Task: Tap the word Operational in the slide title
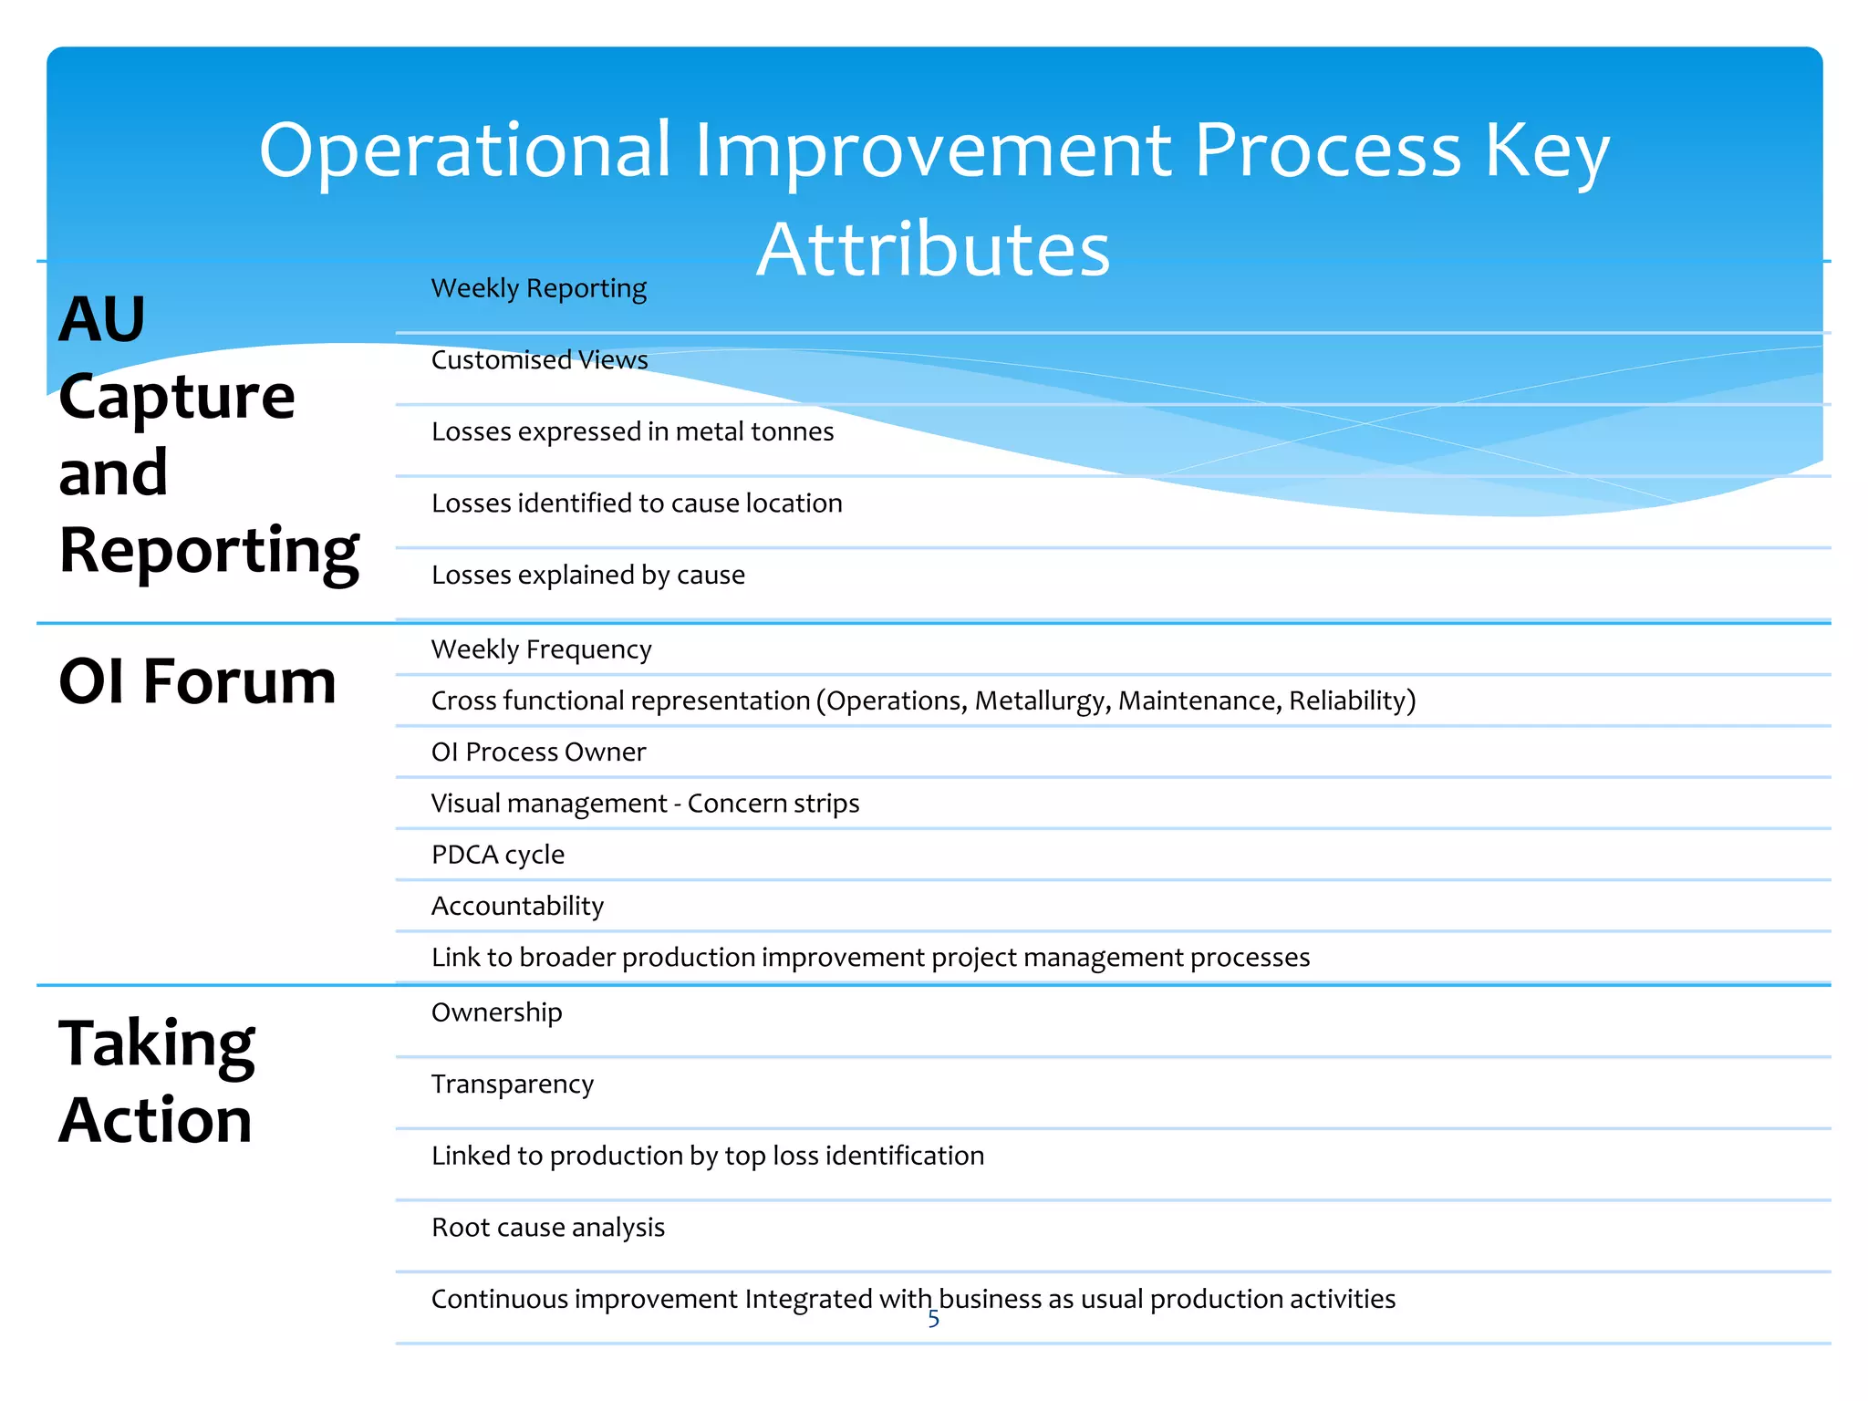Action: click(x=465, y=150)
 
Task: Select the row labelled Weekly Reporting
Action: click(x=538, y=288)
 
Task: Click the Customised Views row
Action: click(x=539, y=360)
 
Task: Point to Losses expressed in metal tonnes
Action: click(x=632, y=431)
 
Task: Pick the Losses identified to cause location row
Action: click(x=637, y=503)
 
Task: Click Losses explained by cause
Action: click(x=588, y=576)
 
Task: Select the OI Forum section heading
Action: click(x=197, y=681)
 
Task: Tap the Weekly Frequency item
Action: click(x=541, y=649)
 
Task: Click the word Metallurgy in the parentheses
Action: click(x=1042, y=700)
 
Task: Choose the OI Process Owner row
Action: click(x=538, y=752)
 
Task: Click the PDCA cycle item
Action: click(x=498, y=855)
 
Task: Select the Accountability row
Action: click(x=517, y=907)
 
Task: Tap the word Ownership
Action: click(x=496, y=1012)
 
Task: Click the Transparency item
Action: click(x=512, y=1084)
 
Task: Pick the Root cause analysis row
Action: click(x=548, y=1228)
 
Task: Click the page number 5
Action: click(x=933, y=1319)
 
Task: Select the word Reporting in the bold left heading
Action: click(x=209, y=551)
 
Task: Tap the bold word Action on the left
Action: click(x=155, y=1121)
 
